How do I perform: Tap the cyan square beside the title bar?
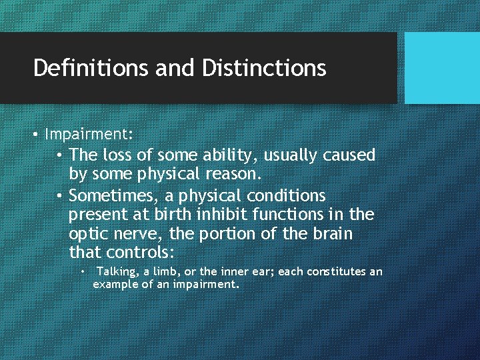(x=442, y=68)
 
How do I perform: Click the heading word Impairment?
(x=89, y=134)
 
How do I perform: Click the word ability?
(x=231, y=156)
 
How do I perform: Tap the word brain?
(x=334, y=234)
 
